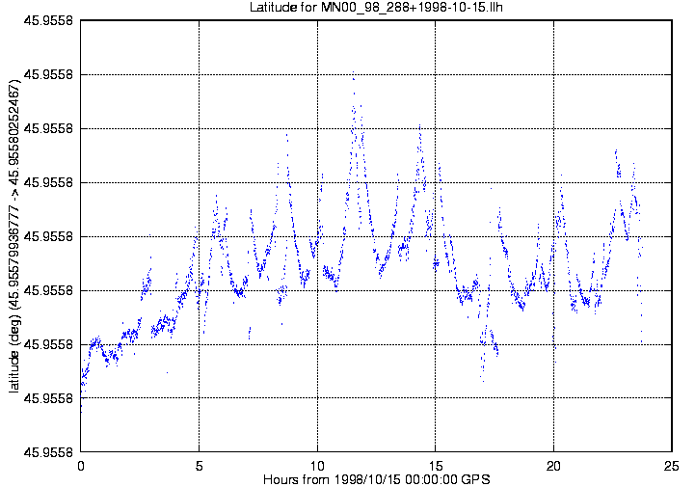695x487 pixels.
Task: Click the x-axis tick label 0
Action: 81,466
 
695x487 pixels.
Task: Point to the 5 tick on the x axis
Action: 199,466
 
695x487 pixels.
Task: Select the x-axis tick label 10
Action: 317,466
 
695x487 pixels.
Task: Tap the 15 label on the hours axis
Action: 436,466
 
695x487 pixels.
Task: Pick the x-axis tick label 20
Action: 553,466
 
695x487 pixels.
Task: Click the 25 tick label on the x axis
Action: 672,466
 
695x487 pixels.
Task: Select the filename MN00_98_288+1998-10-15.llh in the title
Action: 412,8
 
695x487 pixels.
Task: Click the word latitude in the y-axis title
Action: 13,371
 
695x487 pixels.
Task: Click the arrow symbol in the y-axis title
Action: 13,194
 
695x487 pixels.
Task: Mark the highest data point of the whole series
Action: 353,71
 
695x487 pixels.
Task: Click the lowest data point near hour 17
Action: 483,381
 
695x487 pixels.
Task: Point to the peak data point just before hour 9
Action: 287,134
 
